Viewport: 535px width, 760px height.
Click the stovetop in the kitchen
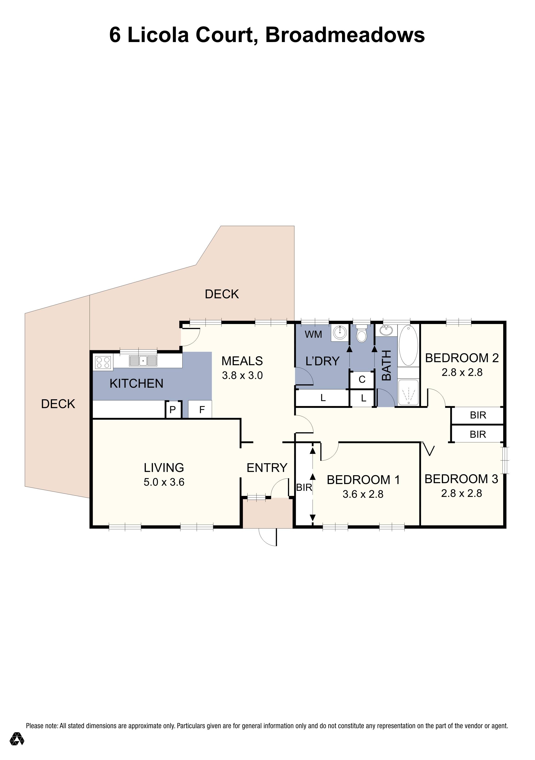tap(103, 362)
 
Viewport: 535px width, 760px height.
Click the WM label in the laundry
tap(313, 334)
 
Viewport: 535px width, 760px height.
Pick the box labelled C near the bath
tap(362, 379)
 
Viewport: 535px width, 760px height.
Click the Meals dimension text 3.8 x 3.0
tap(242, 376)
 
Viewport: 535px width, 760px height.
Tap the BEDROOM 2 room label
tap(462, 358)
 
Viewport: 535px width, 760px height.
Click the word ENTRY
tap(267, 468)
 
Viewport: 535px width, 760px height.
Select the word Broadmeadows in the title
tap(345, 35)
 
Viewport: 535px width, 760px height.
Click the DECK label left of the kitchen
tap(58, 404)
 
